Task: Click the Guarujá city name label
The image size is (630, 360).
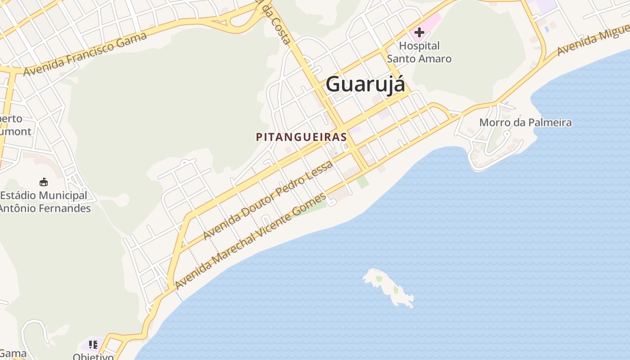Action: [x=365, y=84]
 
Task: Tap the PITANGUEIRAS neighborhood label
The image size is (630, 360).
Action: [x=301, y=137]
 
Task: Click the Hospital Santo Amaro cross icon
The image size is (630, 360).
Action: [x=419, y=32]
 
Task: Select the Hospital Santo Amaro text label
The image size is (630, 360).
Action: [x=419, y=52]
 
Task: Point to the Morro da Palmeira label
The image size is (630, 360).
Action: [x=525, y=122]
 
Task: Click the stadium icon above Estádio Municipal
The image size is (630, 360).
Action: [x=44, y=182]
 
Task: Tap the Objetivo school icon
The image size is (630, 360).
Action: [x=93, y=345]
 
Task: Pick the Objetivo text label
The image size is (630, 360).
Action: [x=93, y=357]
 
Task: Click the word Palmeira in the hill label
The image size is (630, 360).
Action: [x=550, y=122]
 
